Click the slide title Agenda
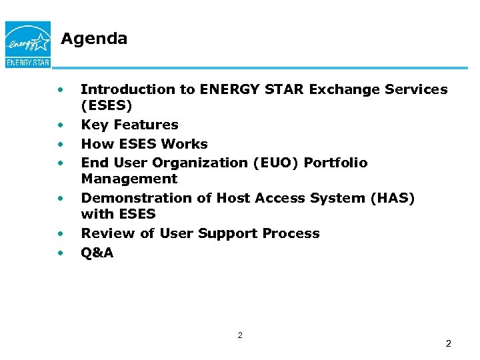94,39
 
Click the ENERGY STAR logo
27,44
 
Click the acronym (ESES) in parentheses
107,105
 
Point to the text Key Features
129,125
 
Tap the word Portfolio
336,163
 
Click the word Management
129,179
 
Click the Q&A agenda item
97,253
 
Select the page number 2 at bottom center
240,335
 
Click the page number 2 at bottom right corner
448,343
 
